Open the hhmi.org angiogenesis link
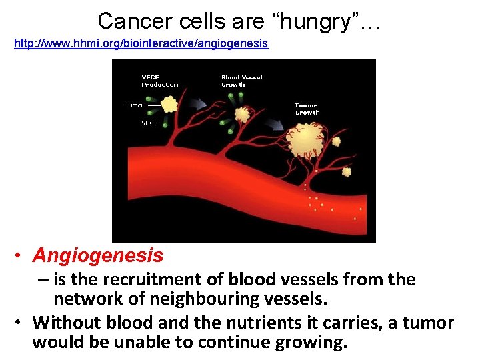(x=141, y=43)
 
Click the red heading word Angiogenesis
(x=98, y=255)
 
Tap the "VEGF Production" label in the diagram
(x=159, y=81)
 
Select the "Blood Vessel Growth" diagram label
(x=241, y=81)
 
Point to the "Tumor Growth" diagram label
(x=307, y=109)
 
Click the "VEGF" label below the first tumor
(x=149, y=123)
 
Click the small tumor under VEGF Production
(x=170, y=104)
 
